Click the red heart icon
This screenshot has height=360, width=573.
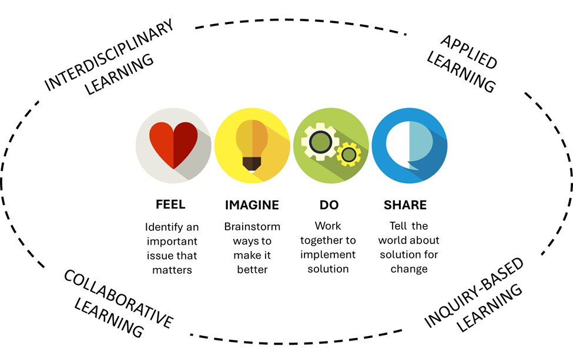tap(173, 143)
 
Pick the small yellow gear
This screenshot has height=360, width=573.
tap(349, 154)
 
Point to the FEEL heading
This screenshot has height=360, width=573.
tap(170, 205)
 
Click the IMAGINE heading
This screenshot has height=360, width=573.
tap(252, 205)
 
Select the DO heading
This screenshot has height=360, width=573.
tap(329, 205)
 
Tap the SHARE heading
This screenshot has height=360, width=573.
tap(405, 205)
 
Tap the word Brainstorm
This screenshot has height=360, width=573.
tap(252, 227)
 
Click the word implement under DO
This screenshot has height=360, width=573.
tap(328, 255)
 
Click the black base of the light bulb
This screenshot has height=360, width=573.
tap(252, 163)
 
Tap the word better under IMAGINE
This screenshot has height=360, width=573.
tap(252, 270)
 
